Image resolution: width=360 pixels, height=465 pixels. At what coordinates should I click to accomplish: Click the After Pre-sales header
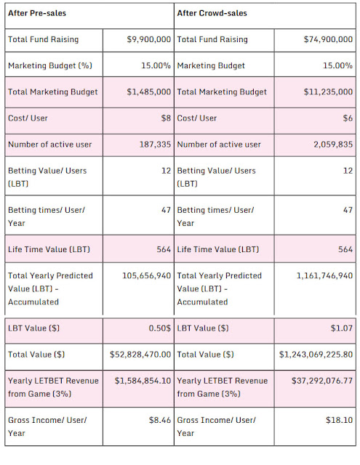[x=37, y=13]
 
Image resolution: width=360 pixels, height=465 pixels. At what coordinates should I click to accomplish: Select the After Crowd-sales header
[x=212, y=13]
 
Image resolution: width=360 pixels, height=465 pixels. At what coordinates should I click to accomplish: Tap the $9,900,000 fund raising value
[x=148, y=39]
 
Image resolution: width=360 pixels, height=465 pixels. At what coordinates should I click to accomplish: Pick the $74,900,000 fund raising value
[x=328, y=39]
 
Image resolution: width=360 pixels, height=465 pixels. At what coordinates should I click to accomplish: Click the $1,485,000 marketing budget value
[x=148, y=92]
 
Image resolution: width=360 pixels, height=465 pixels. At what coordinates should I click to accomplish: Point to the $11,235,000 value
[x=328, y=92]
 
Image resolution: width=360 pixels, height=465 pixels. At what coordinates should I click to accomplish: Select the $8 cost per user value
[x=166, y=118]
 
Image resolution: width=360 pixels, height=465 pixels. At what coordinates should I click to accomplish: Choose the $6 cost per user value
[x=348, y=118]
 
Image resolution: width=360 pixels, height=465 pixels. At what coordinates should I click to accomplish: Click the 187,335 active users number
[x=155, y=145]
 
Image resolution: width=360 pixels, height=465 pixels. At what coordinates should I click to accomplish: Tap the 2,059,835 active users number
[x=333, y=145]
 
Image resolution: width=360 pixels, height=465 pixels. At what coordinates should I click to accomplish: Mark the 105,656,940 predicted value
[x=147, y=276]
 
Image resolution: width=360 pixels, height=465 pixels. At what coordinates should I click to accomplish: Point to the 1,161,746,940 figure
[x=324, y=276]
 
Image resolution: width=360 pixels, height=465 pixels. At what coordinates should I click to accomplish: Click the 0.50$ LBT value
[x=160, y=328]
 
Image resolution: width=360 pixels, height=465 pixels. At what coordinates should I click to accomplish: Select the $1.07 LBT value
[x=342, y=328]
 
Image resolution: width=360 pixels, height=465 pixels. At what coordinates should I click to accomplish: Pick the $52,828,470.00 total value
[x=140, y=355]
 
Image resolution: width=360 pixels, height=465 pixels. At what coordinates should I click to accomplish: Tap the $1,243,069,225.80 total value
[x=316, y=355]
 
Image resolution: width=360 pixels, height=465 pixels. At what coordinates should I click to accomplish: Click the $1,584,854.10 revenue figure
[x=143, y=381]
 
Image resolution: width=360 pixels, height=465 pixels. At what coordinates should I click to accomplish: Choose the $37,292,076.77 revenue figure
[x=322, y=381]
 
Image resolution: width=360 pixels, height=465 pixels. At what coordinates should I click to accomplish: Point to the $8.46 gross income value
[x=160, y=420]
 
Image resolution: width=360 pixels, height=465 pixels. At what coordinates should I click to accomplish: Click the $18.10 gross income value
[x=339, y=420]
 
